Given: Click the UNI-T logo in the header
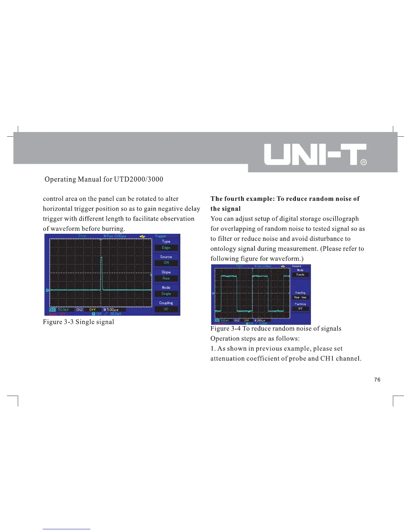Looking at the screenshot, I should pos(315,154).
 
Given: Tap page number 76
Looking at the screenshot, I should pos(377,380).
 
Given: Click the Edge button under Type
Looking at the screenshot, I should pos(166,248).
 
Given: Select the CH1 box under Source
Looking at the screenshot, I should pos(166,263).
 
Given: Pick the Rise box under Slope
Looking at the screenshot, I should pos(166,278).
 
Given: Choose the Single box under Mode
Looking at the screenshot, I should pos(166,294).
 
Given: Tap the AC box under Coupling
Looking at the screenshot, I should pos(166,309).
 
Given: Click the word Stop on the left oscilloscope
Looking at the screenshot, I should pos(82,236).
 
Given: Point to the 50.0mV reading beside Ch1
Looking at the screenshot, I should pos(63,310).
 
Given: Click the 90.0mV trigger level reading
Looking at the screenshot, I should pos(115,314).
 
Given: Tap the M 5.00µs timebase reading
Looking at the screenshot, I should pos(111,310).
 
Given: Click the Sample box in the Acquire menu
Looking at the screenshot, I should pos(300,275).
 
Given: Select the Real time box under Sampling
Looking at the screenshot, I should pos(300,298).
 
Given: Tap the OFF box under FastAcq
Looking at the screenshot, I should pos(300,309).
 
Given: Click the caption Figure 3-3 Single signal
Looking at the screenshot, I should pos(79,322).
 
